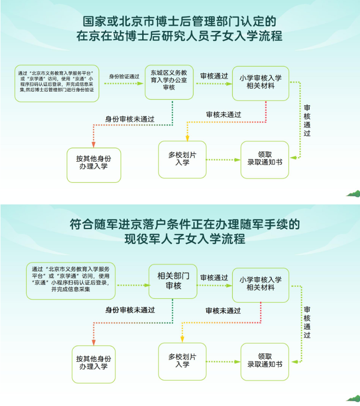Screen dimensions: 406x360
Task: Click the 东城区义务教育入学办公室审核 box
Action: [169, 81]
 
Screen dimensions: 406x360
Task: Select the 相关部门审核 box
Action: [173, 281]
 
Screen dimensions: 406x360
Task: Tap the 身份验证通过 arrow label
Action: [124, 76]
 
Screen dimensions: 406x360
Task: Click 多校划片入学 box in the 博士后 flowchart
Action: [182, 159]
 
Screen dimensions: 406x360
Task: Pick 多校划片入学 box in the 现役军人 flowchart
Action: [182, 360]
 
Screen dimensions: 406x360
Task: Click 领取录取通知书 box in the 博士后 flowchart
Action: [265, 159]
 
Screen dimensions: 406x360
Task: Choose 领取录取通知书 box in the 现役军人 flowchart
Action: [265, 360]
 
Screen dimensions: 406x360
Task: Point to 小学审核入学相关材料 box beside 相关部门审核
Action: [260, 284]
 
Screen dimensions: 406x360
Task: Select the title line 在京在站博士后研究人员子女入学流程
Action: [180, 36]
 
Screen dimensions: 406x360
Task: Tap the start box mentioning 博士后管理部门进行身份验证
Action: [57, 83]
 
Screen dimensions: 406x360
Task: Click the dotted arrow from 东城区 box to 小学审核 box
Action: [213, 84]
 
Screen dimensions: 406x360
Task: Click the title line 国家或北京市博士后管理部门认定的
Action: [180, 21]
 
